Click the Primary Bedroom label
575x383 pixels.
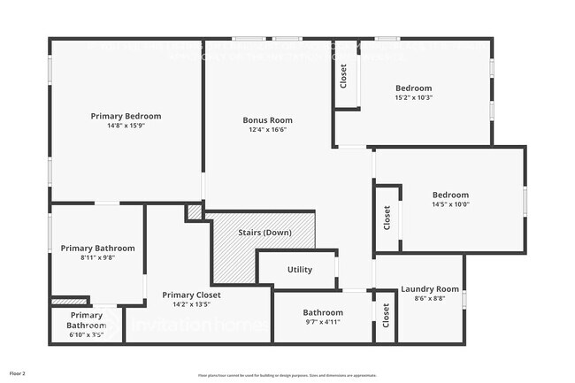pyautogui.click(x=126, y=116)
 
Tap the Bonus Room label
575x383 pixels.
pyautogui.click(x=267, y=120)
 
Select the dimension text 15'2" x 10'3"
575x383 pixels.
pyautogui.click(x=413, y=98)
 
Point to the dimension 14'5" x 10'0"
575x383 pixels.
pyautogui.click(x=450, y=205)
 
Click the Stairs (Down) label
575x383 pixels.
pyautogui.click(x=264, y=233)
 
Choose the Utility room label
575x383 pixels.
pyautogui.click(x=300, y=270)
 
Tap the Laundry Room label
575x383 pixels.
pyautogui.click(x=430, y=289)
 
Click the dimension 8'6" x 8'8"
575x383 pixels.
pyautogui.click(x=430, y=299)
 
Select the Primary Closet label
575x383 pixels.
pyautogui.click(x=191, y=295)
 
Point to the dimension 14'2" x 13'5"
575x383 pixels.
pyautogui.click(x=191, y=304)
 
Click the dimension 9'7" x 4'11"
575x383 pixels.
pyautogui.click(x=322, y=322)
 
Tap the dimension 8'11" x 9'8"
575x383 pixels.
pyautogui.click(x=97, y=257)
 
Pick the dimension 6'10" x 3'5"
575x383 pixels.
pyautogui.click(x=87, y=335)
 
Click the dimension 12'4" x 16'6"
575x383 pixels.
pyautogui.click(x=267, y=130)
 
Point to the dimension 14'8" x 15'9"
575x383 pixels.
pyautogui.click(x=126, y=126)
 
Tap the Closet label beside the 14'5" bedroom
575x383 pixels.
pyautogui.click(x=387, y=218)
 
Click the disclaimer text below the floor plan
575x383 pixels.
pyautogui.click(x=287, y=376)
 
